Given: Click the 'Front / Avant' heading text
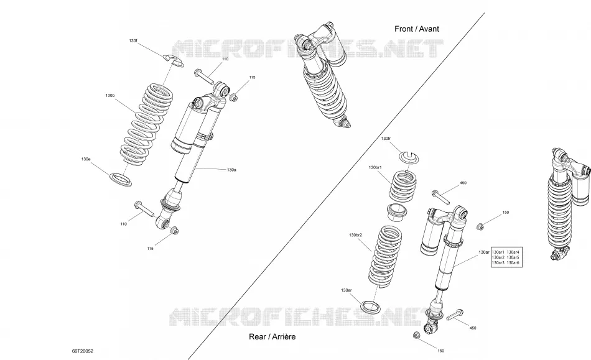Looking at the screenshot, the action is (416, 29).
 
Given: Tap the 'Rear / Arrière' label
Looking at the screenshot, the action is (272, 336).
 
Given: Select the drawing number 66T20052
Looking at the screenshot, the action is (83, 351).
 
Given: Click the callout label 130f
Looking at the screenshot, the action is (133, 40).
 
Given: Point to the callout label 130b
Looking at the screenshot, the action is (110, 96).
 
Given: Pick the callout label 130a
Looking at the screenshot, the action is (231, 170).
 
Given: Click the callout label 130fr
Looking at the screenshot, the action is (386, 139).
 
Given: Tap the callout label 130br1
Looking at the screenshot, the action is (375, 167).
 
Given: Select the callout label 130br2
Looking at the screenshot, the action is (355, 235).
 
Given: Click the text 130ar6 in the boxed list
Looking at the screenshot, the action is (513, 262).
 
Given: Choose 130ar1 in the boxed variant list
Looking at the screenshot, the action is (498, 252).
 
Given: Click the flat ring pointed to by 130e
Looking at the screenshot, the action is (121, 179).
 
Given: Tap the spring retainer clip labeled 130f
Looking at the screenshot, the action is (174, 60).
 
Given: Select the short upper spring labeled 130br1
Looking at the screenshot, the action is (403, 186).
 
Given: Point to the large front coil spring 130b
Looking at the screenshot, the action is (147, 124).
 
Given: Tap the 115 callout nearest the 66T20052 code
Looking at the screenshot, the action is (151, 249).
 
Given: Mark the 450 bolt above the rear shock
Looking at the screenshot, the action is (440, 198).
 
